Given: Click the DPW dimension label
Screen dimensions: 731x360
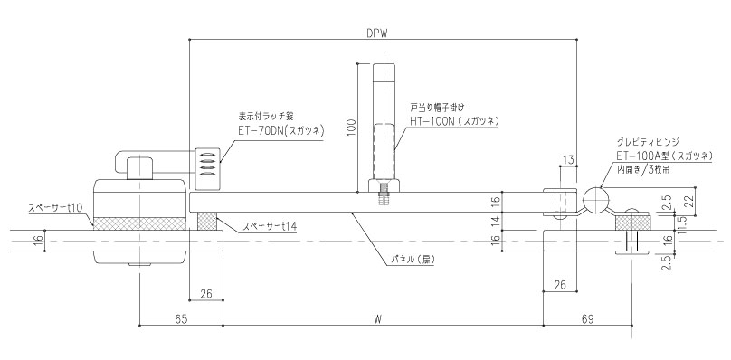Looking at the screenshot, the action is click(x=377, y=33).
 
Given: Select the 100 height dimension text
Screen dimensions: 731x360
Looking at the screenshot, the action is click(x=352, y=128).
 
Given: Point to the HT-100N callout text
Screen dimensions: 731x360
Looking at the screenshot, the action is click(x=430, y=121).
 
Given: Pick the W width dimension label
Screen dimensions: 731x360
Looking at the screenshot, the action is click(x=377, y=319).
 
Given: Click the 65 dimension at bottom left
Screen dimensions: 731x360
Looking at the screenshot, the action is click(x=181, y=319).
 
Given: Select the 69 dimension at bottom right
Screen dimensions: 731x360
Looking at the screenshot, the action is click(x=588, y=319).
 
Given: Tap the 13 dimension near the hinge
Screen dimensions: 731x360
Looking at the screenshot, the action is click(x=568, y=160).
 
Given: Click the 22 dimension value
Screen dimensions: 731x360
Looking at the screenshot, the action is click(x=690, y=201).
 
